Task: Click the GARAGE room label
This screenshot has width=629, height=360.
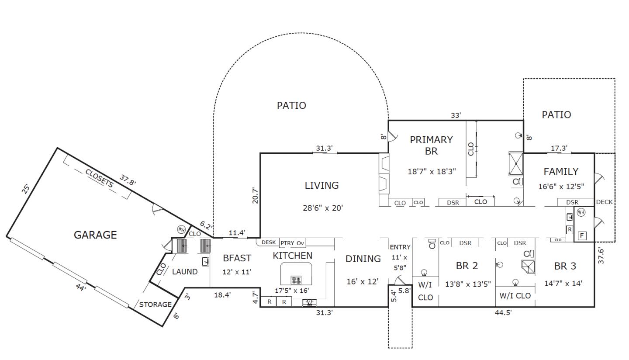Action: pos(95,235)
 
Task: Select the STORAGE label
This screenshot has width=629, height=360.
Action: pos(155,305)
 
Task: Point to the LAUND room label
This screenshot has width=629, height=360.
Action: pos(184,272)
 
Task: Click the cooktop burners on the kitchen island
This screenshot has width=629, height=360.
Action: pos(296,280)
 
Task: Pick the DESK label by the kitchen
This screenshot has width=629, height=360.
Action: pos(268,242)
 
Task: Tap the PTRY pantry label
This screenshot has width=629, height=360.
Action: pos(287,243)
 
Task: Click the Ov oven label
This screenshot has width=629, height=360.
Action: pos(301,243)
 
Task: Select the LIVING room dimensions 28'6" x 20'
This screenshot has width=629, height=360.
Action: pos(322,208)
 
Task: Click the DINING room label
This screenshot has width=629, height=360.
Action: pos(363,259)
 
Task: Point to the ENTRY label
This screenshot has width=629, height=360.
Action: pos(400,247)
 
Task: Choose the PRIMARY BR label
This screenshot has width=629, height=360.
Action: pos(431,145)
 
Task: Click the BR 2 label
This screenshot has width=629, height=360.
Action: pos(467,266)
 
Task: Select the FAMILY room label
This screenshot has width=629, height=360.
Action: pos(561,172)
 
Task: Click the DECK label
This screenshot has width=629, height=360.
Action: pos(604,202)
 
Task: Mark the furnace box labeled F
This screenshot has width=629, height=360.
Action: pos(582,236)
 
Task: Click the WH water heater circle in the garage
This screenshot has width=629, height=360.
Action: pos(181,229)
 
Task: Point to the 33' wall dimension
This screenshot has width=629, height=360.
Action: pos(456,115)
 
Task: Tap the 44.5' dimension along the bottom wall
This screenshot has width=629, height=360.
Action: pos(503,312)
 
